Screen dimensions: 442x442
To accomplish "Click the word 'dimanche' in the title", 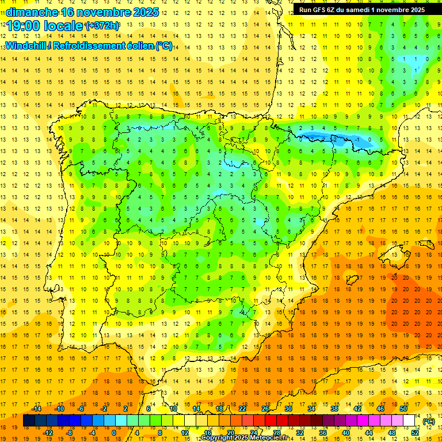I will click(29, 12).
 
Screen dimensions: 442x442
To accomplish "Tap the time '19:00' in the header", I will click(23, 26).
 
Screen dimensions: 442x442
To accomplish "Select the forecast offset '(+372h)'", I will click(102, 26).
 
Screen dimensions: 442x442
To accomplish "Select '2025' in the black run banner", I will click(414, 9).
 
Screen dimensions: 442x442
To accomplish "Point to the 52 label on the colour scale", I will click(415, 432).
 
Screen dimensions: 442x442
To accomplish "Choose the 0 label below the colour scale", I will click(114, 432).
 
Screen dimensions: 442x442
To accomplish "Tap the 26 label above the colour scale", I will click(265, 409).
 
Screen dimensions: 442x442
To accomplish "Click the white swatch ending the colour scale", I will click(409, 421).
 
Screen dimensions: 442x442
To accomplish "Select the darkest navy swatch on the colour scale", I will click(29, 421).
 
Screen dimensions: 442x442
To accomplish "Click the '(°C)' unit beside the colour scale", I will click(428, 421).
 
